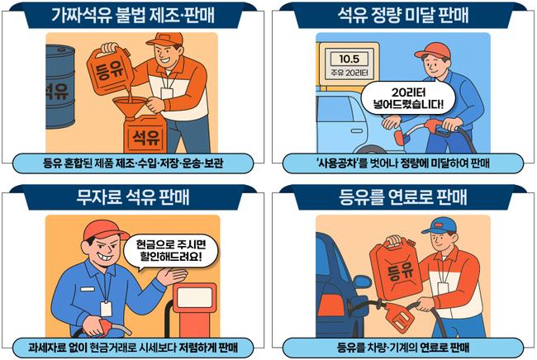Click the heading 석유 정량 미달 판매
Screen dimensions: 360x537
point(402,15)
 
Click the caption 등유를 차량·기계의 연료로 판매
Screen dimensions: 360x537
point(402,344)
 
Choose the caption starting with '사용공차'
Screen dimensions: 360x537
point(402,163)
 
